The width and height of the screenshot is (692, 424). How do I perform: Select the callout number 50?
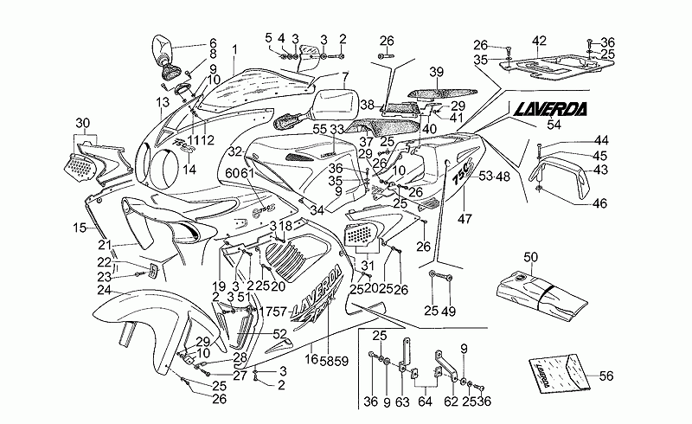[530, 256]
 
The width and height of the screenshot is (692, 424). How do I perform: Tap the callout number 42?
[539, 41]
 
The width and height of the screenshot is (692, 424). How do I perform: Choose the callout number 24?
[104, 290]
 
